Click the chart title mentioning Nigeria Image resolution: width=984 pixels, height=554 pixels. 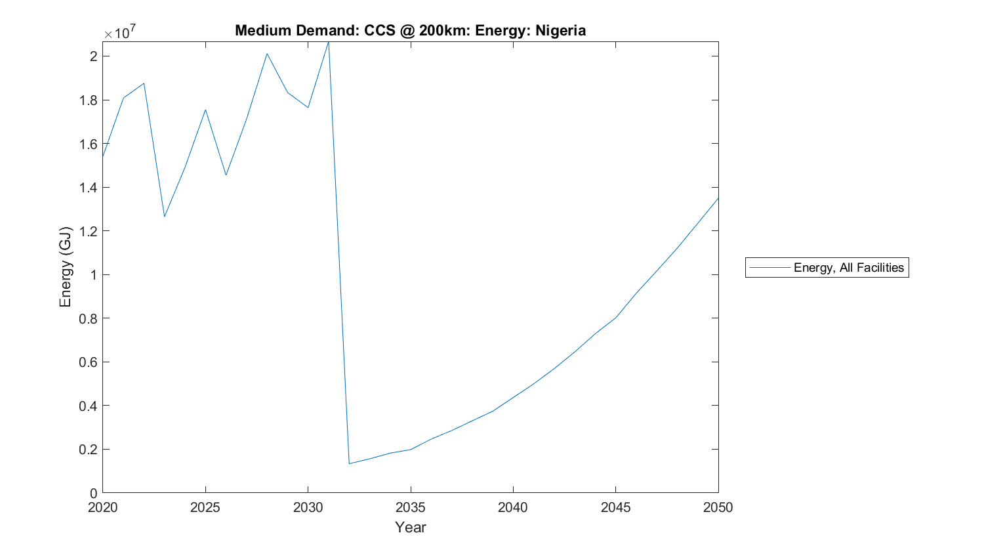[x=410, y=30]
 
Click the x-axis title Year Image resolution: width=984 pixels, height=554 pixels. [x=410, y=527]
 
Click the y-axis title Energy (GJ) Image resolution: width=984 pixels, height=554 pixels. [x=65, y=267]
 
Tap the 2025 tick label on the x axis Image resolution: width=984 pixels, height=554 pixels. [x=205, y=507]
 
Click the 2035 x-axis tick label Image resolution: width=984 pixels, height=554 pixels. [x=410, y=507]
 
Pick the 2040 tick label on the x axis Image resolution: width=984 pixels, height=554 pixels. [x=513, y=507]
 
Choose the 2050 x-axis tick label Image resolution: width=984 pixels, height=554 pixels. [x=718, y=507]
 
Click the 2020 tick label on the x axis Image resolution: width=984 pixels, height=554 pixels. [x=102, y=507]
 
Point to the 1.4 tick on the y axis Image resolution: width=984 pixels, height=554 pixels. [x=88, y=188]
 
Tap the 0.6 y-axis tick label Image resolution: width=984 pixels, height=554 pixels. [x=88, y=362]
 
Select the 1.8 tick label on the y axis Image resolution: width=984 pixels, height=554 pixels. [x=88, y=100]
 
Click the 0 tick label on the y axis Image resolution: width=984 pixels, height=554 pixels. [x=94, y=493]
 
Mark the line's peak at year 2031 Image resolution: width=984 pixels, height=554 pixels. [x=329, y=42]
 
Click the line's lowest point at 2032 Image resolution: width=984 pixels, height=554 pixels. [x=349, y=463]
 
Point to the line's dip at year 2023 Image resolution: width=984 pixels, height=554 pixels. [x=164, y=217]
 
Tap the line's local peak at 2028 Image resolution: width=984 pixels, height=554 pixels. [x=267, y=53]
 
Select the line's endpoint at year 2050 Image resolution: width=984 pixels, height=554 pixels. [x=718, y=198]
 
